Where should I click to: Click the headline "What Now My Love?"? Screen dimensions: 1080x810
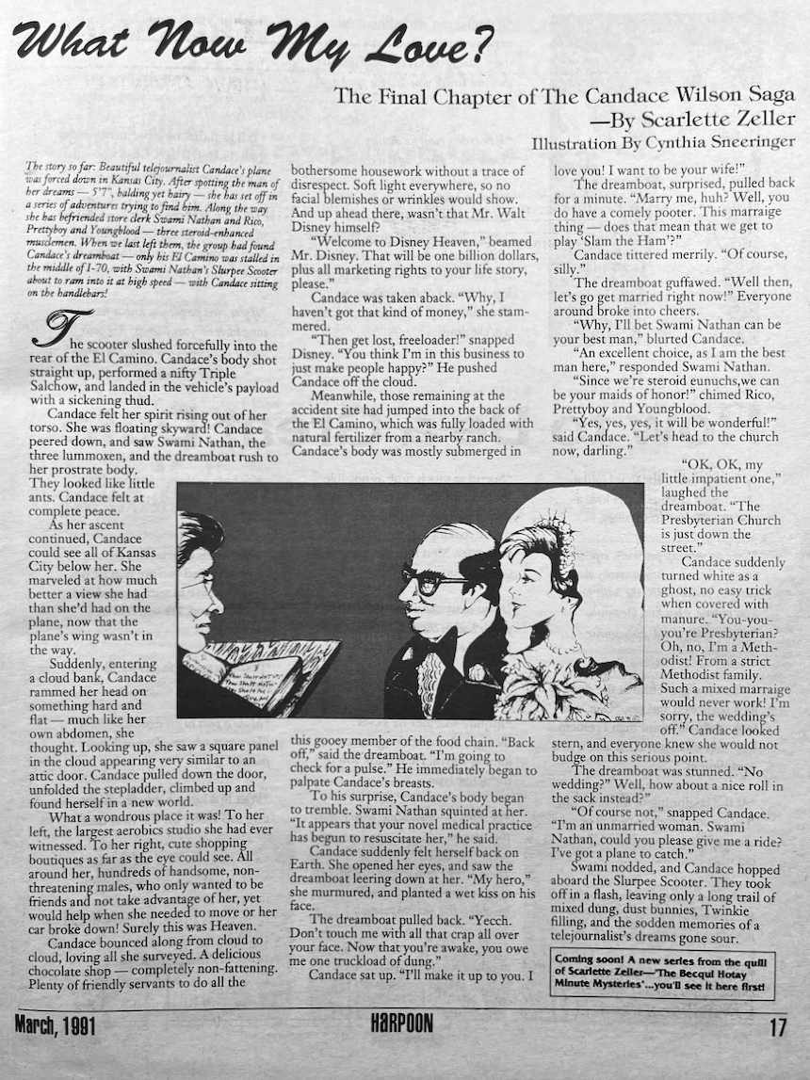[x=254, y=41]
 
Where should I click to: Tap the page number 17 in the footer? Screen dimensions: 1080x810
[x=777, y=1026]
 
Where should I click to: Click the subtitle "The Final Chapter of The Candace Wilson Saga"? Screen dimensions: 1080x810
[x=564, y=95]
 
